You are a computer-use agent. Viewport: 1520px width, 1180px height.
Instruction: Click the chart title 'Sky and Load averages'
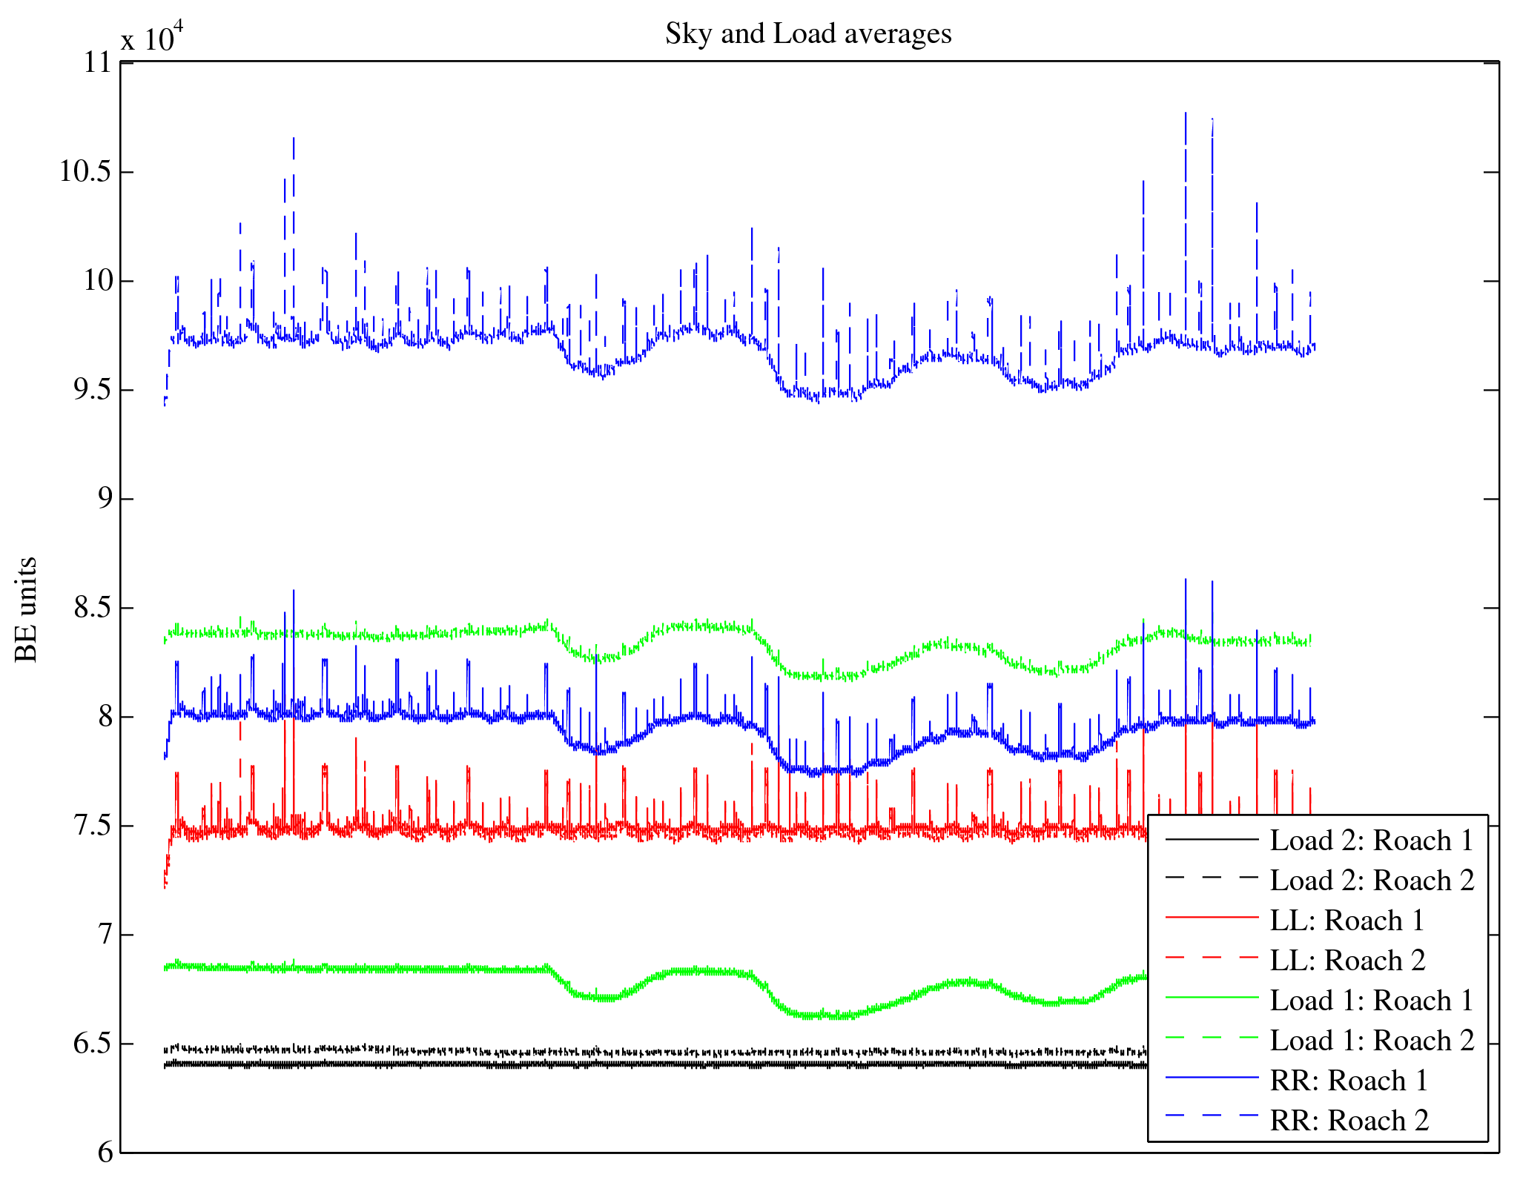pos(808,34)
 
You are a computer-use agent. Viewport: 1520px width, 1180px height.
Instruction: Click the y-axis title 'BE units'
pos(27,609)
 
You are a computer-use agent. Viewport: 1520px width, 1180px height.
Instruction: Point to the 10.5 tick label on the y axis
pos(85,172)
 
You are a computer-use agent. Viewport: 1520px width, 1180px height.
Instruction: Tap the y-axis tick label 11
pos(96,63)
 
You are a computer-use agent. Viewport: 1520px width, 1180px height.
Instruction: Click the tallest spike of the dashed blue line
pos(1186,114)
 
